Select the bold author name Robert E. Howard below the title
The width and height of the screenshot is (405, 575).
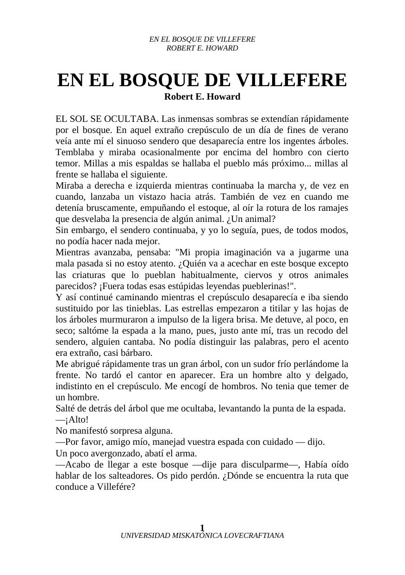tap(202, 97)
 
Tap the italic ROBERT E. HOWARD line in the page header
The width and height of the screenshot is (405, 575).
tap(202, 48)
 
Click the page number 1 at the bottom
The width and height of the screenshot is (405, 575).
tap(202, 528)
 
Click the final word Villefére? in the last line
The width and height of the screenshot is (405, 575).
tap(114, 487)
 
